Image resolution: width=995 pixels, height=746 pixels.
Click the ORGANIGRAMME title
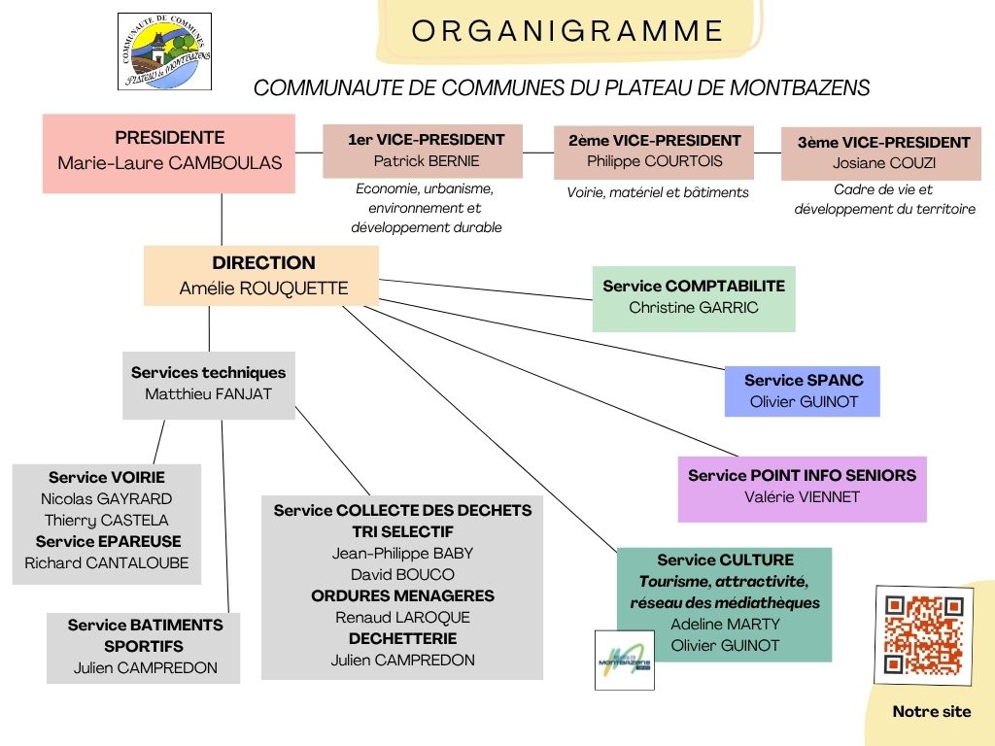pos(567,31)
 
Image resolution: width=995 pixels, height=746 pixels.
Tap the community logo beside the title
pos(165,51)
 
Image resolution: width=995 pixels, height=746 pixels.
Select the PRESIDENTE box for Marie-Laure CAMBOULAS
pos(169,153)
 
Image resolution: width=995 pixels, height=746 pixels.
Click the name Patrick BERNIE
pos(427,161)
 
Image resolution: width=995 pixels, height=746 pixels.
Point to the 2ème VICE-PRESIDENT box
pos(654,153)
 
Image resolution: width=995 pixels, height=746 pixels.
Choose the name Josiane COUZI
pos(884,163)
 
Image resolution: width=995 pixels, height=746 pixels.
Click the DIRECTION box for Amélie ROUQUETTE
pos(261,276)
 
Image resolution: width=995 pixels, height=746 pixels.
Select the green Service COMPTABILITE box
pos(694,299)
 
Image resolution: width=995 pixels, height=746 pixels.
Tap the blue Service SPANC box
pos(802,391)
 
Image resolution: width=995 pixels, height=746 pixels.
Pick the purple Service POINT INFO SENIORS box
pos(802,490)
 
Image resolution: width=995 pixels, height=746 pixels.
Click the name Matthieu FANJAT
pos(208,394)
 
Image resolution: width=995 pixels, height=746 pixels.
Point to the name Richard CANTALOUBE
pos(107,562)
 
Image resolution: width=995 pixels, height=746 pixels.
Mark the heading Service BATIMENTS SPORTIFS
pos(146,635)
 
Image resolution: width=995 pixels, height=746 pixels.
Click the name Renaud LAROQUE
pos(402,617)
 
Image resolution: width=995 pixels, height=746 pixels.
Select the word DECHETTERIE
pos(402,638)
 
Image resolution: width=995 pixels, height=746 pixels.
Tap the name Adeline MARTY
pos(725,625)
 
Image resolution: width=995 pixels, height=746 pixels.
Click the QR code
pos(923,635)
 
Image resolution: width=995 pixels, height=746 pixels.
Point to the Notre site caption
pos(932,712)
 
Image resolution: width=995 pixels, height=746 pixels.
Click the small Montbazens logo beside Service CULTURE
pos(625,660)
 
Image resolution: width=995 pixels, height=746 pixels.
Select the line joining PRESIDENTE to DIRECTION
pos(222,220)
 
